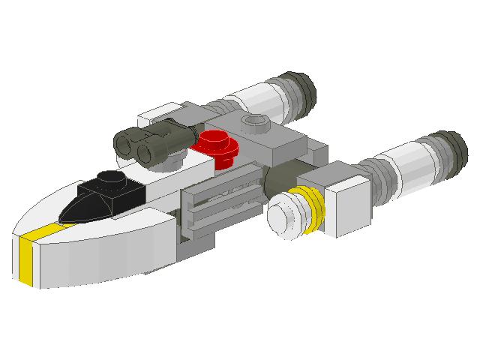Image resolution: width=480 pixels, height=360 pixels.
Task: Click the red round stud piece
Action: [217, 142]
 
